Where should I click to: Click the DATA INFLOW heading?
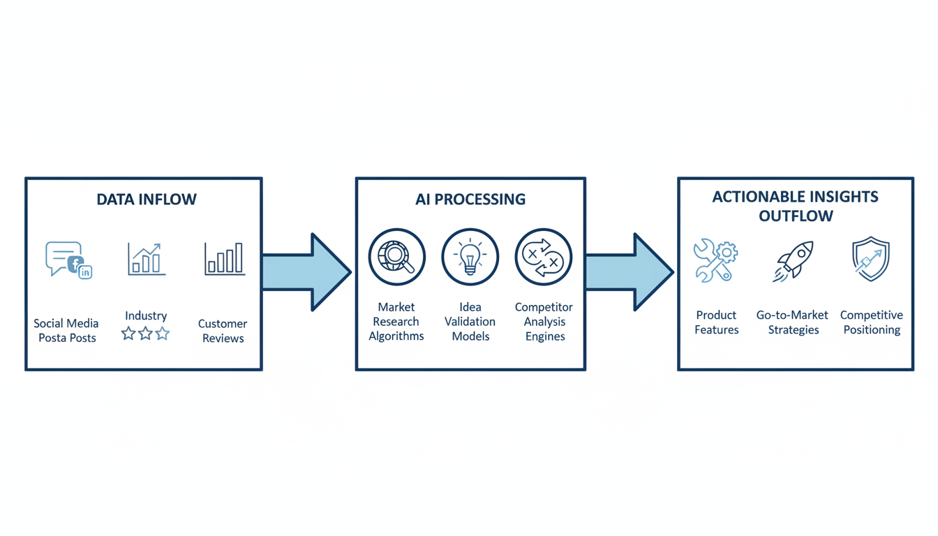(x=147, y=200)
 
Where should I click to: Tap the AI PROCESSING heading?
(x=470, y=200)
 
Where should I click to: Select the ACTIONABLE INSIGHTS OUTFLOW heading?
(x=796, y=206)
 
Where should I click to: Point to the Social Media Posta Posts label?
(x=66, y=331)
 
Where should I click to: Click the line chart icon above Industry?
(x=147, y=259)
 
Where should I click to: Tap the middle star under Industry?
(x=145, y=334)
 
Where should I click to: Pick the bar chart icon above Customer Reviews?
(x=224, y=259)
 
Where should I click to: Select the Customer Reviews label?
(x=223, y=331)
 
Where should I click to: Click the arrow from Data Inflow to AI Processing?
(x=307, y=271)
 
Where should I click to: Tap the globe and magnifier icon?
(x=396, y=257)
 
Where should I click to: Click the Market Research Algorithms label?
(x=396, y=322)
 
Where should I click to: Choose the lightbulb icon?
(x=470, y=257)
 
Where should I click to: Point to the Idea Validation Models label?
(x=470, y=322)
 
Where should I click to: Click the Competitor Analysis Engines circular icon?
(x=544, y=257)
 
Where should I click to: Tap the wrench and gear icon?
(x=715, y=260)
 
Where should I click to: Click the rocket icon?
(x=794, y=260)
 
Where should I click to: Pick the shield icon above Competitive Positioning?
(x=871, y=259)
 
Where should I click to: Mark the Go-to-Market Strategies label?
(x=793, y=322)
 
